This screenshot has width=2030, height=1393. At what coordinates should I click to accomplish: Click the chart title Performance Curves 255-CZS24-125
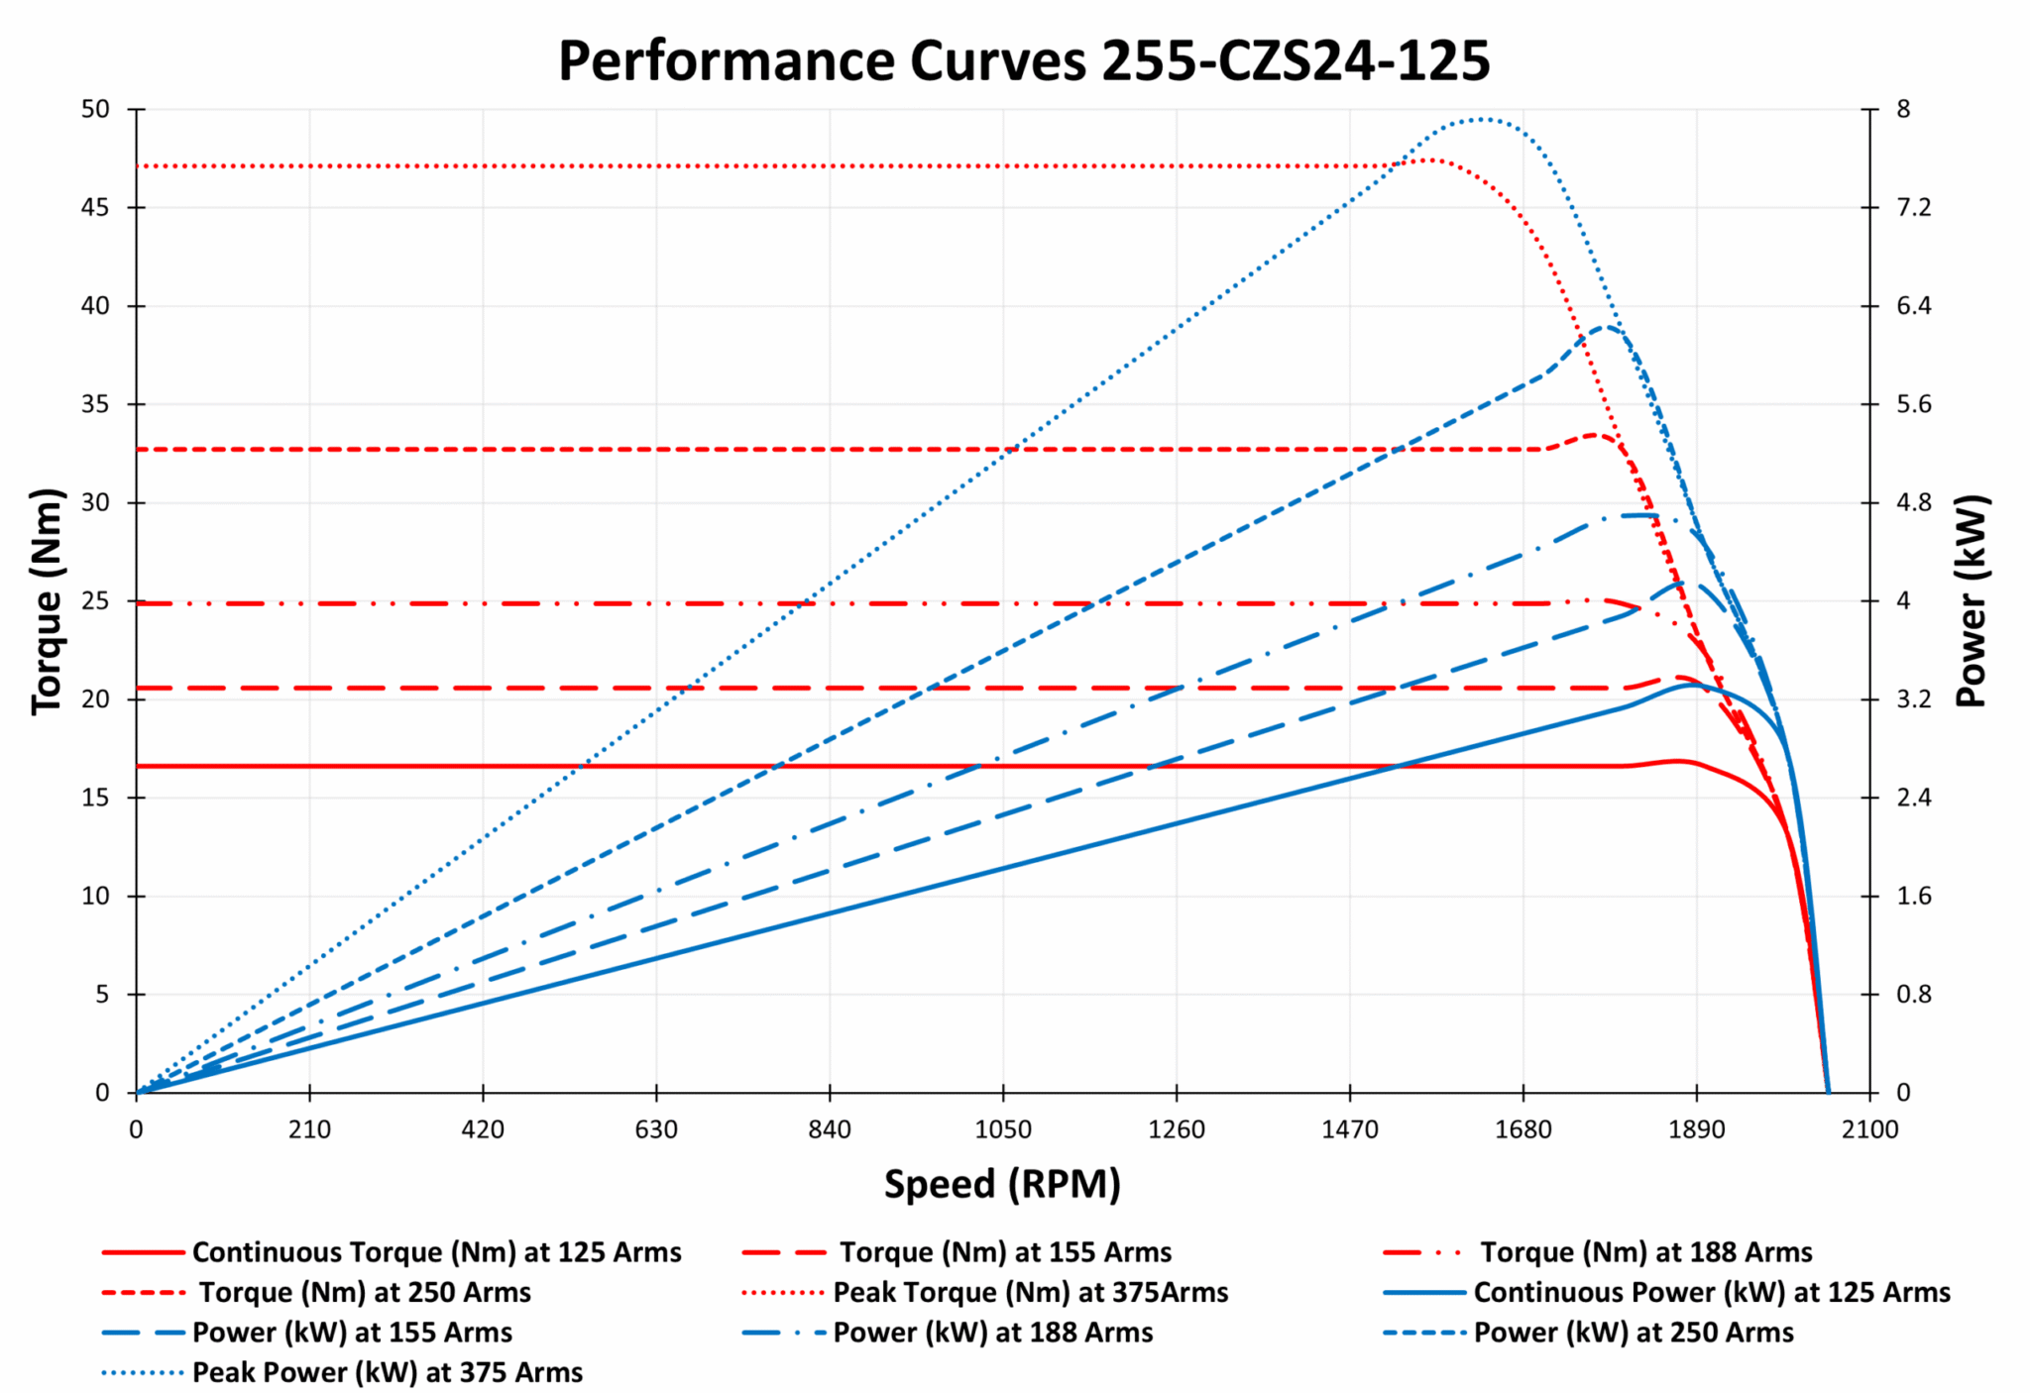1023,61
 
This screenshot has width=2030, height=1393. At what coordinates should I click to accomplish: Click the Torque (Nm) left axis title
47,600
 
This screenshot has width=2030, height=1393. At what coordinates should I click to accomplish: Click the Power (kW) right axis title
1972,600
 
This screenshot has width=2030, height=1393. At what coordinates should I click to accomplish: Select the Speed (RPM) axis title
1002,1184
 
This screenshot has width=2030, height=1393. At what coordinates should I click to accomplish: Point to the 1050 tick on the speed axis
1003,1129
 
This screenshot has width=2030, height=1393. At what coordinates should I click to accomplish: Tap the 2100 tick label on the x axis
1869,1129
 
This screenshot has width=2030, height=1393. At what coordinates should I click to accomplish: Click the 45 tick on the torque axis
96,207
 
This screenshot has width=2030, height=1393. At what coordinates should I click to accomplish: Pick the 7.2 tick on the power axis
1913,207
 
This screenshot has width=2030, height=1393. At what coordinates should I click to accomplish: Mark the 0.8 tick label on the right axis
1913,994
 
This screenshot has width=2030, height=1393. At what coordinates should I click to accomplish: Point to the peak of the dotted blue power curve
1480,120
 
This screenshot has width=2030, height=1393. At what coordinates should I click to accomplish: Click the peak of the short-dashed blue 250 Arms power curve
1607,327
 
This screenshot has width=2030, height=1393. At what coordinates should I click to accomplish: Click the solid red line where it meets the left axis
138,766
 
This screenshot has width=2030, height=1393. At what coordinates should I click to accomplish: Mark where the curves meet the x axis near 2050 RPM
1828,1092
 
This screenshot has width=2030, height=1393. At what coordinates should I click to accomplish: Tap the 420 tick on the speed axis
483,1129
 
